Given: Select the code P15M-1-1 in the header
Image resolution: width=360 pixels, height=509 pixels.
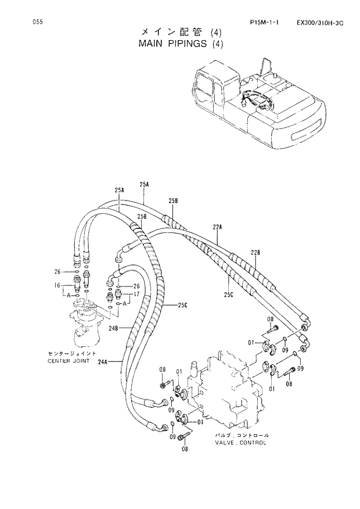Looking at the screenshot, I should [x=265, y=23].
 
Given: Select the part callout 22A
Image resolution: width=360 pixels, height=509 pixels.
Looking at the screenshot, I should [x=218, y=228].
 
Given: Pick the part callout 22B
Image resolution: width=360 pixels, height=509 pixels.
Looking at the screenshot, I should [x=255, y=252].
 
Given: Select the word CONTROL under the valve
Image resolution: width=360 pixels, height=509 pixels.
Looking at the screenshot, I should [x=253, y=443].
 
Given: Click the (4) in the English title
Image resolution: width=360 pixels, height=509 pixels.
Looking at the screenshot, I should [x=217, y=43].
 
